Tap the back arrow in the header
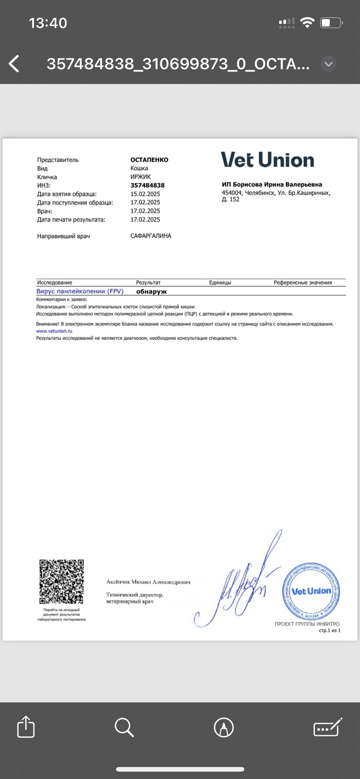(x=14, y=64)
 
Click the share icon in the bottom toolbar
(x=26, y=727)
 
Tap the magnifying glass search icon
(x=124, y=727)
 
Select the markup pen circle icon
(x=224, y=727)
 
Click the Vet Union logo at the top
(x=267, y=159)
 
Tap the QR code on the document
(x=62, y=583)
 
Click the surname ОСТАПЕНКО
(x=149, y=160)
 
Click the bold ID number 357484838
(x=148, y=185)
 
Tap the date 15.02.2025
(x=146, y=194)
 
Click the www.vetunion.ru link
(x=54, y=331)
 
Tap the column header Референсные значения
(x=302, y=282)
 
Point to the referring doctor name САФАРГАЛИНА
(x=151, y=236)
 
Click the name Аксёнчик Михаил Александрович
(x=148, y=582)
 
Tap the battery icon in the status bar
(x=331, y=23)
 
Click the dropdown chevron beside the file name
(x=329, y=64)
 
